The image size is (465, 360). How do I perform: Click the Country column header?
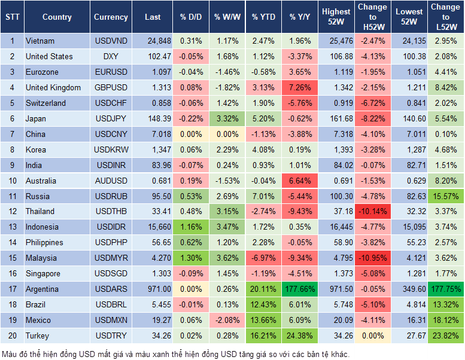coord(57,17)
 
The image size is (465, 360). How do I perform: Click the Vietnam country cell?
coord(40,41)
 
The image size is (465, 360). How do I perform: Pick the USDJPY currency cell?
coord(111,118)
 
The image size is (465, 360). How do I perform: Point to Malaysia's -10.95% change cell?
coord(372,258)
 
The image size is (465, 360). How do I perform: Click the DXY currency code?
coord(111,56)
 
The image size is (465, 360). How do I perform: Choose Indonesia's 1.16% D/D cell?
coord(190,227)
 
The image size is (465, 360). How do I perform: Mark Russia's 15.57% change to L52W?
coord(445,196)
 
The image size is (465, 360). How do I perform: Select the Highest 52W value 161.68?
coord(336,118)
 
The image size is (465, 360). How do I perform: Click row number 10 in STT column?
coord(11,181)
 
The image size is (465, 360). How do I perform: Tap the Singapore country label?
coord(43,273)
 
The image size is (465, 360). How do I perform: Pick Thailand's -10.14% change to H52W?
coord(372,211)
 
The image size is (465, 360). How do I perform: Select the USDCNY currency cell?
coord(111,134)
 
